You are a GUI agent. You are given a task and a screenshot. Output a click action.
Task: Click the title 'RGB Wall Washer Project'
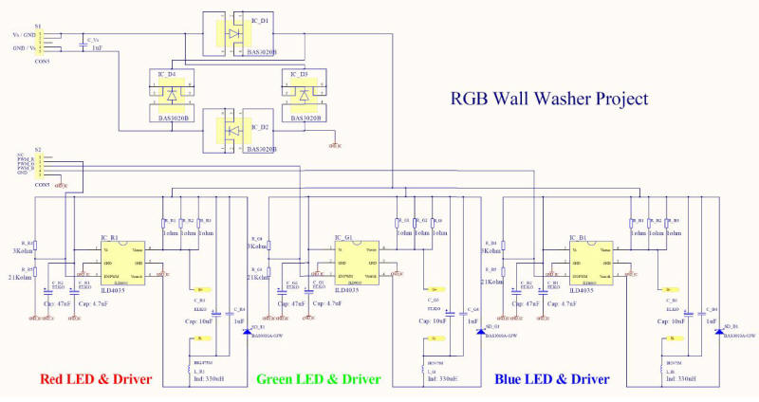tap(549, 98)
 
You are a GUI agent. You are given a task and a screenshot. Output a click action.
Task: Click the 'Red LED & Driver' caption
tap(96, 378)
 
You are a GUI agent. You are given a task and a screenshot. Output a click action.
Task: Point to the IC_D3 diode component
tap(304, 95)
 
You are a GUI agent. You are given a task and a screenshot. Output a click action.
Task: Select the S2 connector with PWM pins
tap(43, 166)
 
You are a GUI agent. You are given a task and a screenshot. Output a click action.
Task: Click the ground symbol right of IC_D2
tap(333, 144)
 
